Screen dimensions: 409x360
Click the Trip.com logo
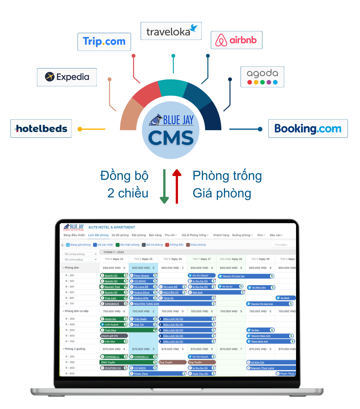click(104, 42)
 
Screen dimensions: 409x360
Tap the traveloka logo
click(171, 31)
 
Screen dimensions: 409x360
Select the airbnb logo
click(236, 40)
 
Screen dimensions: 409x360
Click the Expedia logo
click(67, 77)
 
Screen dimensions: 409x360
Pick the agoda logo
click(262, 77)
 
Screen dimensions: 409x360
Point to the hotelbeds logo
click(41, 129)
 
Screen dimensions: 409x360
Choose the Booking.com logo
click(308, 129)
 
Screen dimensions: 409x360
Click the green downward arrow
click(164, 187)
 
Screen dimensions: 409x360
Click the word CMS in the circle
click(171, 138)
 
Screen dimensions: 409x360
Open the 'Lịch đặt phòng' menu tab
click(98, 235)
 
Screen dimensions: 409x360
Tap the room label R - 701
click(70, 303)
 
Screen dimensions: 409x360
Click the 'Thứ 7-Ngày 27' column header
click(202, 259)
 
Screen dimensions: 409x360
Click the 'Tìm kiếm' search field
click(284, 245)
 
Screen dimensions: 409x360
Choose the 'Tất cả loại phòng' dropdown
click(80, 254)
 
